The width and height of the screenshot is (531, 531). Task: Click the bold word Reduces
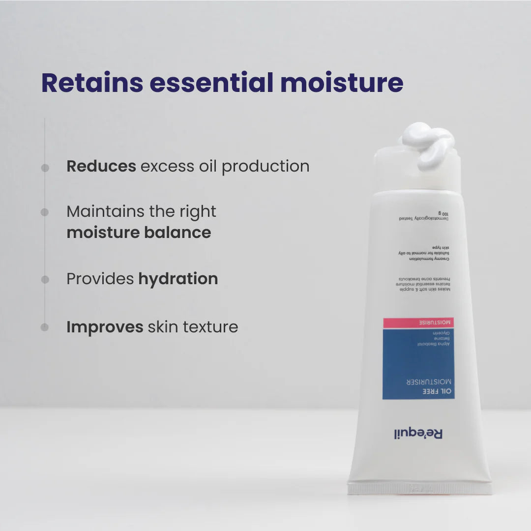[101, 166]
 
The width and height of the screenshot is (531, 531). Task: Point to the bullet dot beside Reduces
[45, 168]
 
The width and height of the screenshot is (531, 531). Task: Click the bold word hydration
[178, 279]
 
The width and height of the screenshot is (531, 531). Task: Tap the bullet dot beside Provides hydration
[45, 280]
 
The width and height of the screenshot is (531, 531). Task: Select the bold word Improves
[105, 327]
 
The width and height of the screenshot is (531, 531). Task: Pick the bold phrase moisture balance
[139, 233]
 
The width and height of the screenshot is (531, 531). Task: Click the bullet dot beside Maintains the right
[45, 212]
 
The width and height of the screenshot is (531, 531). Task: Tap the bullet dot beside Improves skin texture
[45, 327]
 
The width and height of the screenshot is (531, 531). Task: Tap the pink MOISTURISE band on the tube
[418, 323]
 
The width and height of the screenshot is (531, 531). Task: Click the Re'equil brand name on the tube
[418, 434]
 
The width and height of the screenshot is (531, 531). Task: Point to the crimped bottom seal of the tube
[419, 488]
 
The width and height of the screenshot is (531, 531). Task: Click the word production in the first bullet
[265, 166]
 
